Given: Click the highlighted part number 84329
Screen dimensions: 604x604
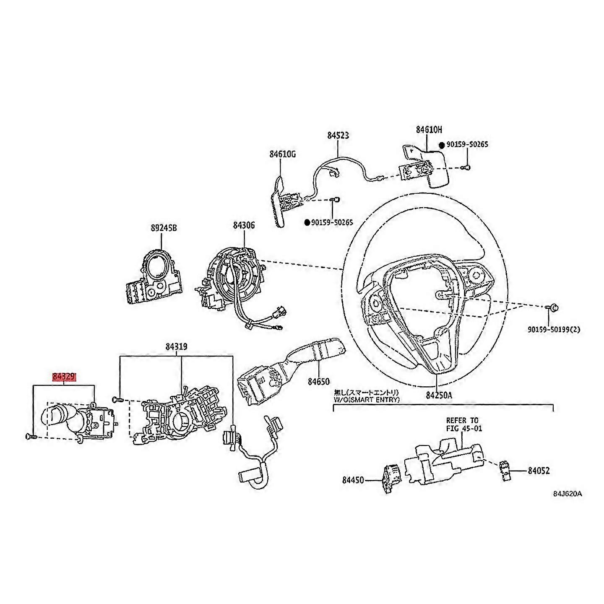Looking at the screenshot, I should [x=64, y=376].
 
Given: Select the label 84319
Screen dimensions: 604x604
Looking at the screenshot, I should [x=176, y=346].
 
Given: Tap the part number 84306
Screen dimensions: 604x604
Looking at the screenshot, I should [x=244, y=226].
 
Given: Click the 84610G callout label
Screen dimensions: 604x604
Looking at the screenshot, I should [x=283, y=154].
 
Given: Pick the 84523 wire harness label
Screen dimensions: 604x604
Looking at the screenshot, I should [x=338, y=135].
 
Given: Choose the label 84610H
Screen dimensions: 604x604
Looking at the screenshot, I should [x=429, y=130].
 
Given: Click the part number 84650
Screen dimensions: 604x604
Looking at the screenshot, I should [x=319, y=382].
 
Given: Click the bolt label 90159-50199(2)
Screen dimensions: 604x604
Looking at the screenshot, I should [x=554, y=330].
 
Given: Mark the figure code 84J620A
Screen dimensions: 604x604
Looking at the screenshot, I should [x=567, y=493].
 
